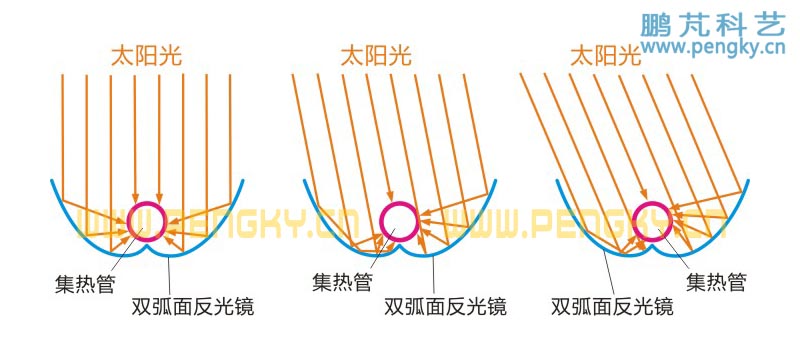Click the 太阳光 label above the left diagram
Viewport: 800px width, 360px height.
click(x=146, y=55)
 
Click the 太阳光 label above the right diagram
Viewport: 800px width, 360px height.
click(x=604, y=55)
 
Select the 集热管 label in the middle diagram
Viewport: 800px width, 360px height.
click(x=342, y=283)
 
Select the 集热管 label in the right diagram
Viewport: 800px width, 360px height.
click(x=716, y=282)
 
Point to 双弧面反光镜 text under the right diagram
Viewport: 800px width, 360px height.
click(x=612, y=307)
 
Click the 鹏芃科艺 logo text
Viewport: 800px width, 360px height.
click(x=712, y=25)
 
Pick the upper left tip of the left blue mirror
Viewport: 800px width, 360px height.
click(x=52, y=181)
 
